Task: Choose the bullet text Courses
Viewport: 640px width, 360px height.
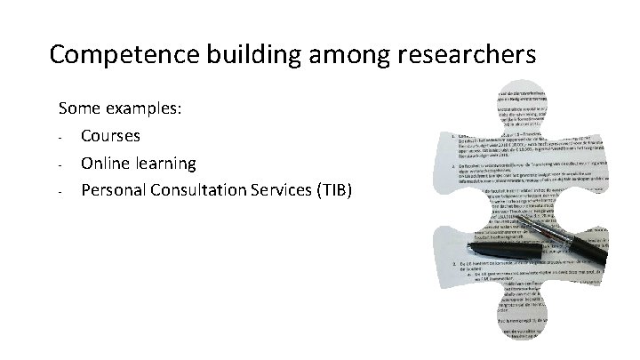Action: (x=110, y=137)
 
